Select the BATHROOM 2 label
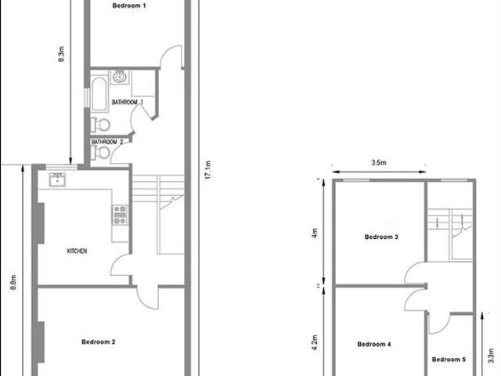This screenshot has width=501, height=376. [108, 142]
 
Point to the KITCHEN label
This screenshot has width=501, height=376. [77, 251]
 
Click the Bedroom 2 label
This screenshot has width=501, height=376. [99, 342]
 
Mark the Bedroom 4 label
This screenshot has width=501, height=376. [374, 344]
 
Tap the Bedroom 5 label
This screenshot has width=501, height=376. [449, 360]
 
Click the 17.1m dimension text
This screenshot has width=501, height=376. [207, 170]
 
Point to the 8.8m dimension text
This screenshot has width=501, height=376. [13, 280]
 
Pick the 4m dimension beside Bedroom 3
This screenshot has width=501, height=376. [315, 233]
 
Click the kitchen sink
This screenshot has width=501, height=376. [58, 180]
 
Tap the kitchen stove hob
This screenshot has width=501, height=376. [121, 215]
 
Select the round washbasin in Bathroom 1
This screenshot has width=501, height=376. [119, 77]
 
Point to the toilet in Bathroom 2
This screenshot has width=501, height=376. [96, 153]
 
